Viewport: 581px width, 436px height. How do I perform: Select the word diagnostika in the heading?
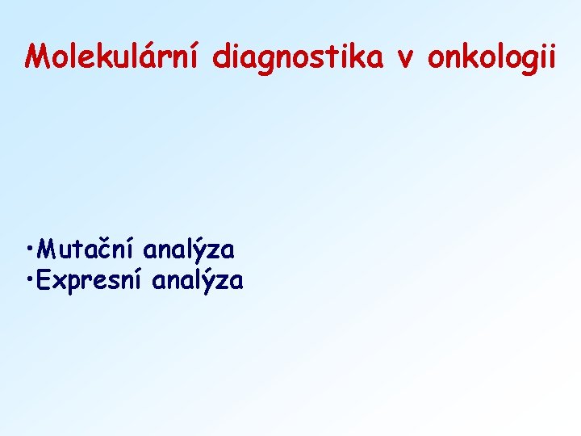click(298, 57)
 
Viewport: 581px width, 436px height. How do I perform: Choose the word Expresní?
click(91, 282)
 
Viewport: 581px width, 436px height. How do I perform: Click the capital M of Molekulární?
click(36, 56)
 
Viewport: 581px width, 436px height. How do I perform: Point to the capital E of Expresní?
click(44, 280)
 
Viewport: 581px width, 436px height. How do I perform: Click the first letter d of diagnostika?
click(222, 56)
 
